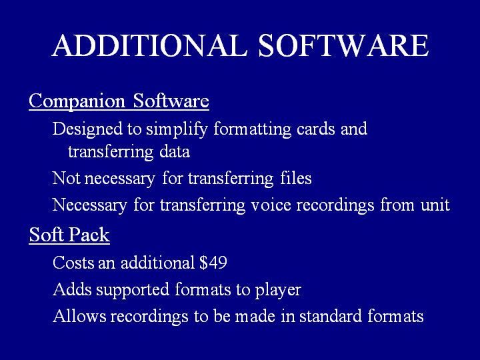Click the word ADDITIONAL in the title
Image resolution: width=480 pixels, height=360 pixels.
149,45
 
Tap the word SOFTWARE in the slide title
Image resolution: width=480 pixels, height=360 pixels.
343,45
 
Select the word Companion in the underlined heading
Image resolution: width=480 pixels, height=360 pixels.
77,101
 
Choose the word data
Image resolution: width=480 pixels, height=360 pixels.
175,152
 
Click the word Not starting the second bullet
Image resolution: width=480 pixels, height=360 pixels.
67,178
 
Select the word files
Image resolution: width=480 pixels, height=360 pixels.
296,177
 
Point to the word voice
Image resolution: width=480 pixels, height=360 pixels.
271,205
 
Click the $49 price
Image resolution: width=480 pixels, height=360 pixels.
213,263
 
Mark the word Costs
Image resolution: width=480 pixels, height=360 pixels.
73,263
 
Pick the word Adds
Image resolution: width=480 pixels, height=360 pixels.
72,289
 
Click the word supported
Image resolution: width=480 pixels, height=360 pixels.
133,290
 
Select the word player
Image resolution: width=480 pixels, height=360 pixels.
278,290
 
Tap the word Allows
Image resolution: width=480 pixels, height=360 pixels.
79,316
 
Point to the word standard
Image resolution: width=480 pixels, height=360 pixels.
331,316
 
